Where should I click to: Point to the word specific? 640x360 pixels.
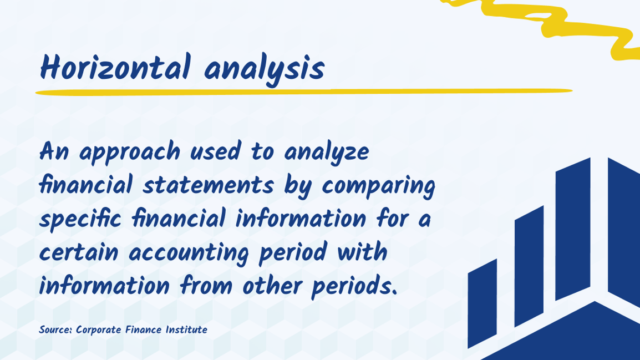coord(81,220)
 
